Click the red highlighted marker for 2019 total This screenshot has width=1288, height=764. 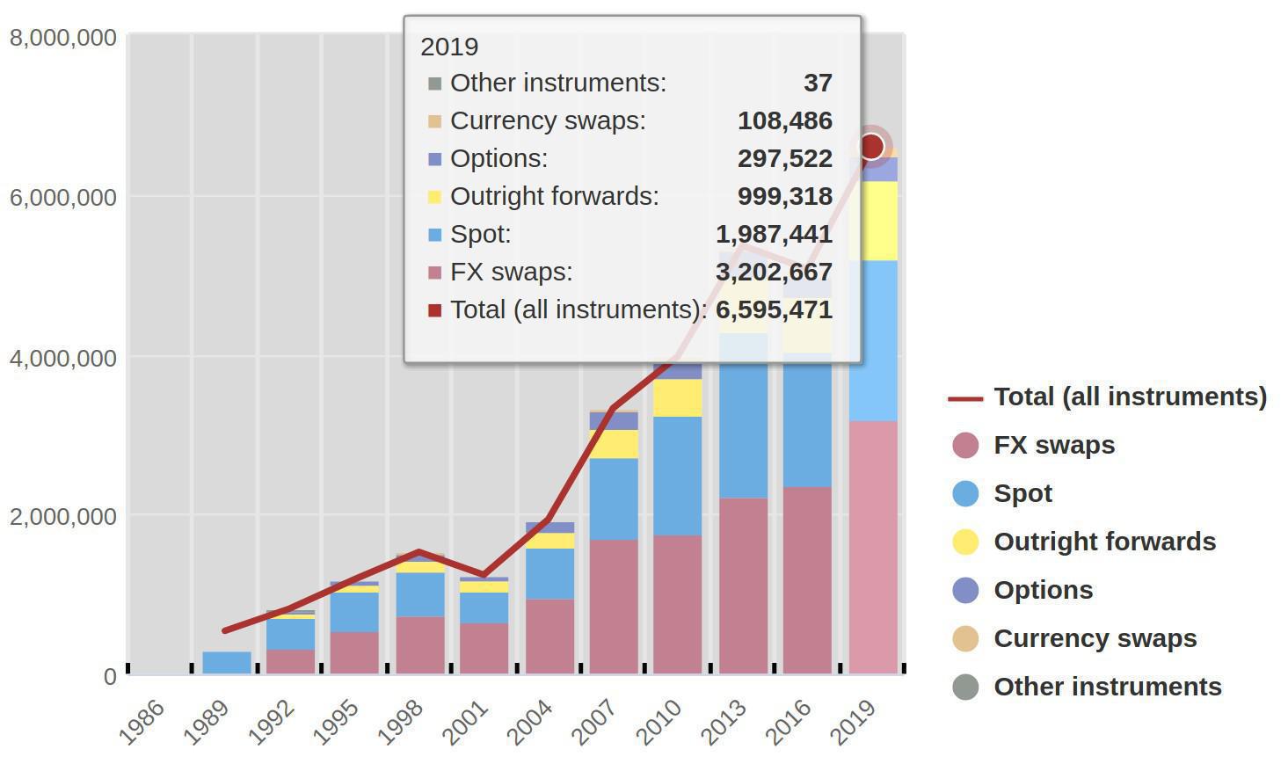point(871,146)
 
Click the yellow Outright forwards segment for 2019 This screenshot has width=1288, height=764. point(873,220)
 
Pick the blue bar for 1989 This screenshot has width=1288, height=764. point(227,662)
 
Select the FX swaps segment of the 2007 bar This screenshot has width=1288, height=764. point(614,607)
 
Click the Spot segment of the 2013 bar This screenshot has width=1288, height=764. point(744,431)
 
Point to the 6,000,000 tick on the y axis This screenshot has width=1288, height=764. point(62,197)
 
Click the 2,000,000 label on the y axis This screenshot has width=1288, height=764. point(62,516)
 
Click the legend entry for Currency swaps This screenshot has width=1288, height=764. point(1095,638)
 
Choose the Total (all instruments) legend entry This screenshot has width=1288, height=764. point(1130,397)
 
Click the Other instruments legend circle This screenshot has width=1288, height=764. point(965,687)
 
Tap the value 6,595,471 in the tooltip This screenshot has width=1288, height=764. point(774,309)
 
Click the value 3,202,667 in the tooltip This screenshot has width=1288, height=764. point(774,272)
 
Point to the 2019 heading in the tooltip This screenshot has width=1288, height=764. point(449,47)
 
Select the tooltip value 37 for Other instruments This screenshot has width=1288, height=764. point(818,83)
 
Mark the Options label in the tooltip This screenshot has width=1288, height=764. point(498,158)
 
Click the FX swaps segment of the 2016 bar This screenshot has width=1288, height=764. point(807,580)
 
